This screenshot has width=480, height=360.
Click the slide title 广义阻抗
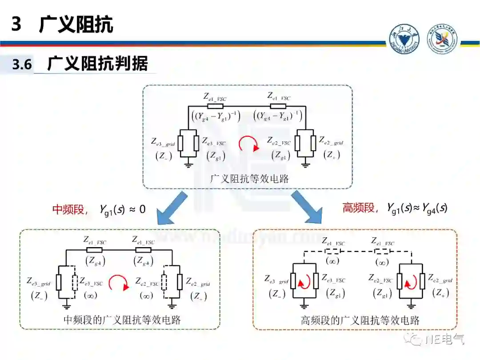[x=76, y=24]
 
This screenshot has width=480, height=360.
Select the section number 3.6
[x=22, y=65]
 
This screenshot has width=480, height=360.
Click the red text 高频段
[x=358, y=208]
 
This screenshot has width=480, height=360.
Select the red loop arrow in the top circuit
[x=248, y=144]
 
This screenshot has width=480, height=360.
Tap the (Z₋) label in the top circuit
[x=163, y=156]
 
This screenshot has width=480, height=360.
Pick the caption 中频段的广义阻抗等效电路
[x=122, y=320]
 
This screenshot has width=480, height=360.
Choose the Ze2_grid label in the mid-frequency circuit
[x=198, y=282]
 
